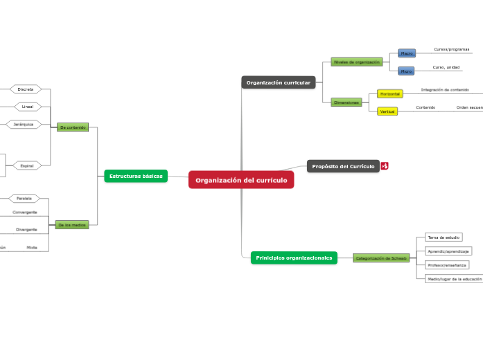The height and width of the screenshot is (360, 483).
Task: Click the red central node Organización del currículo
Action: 241,180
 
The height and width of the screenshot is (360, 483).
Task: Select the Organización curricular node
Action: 279,82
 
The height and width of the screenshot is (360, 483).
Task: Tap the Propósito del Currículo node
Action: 343,166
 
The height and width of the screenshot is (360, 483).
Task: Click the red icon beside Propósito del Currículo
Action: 385,166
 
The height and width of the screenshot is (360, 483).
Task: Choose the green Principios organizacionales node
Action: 294,258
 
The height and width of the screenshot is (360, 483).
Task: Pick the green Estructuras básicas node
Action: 136,176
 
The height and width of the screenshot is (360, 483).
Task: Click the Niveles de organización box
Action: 357,62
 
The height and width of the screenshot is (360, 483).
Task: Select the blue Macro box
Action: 407,53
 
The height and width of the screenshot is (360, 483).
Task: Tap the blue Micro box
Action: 407,71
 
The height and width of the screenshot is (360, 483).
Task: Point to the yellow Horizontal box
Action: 389,93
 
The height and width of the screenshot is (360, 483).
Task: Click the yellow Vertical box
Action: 387,111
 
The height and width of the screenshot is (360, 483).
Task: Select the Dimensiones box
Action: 346,102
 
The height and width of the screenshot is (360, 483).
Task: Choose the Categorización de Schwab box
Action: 381,258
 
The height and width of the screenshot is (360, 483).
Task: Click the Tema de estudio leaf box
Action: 444,237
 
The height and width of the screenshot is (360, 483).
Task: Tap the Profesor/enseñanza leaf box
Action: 448,265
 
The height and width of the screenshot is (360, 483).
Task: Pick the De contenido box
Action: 73,127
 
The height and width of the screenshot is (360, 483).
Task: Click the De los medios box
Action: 72,225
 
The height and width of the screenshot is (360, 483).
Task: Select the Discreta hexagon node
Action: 26,89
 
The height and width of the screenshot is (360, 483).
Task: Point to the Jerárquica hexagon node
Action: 24,125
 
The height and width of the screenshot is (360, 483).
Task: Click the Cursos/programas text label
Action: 451,50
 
